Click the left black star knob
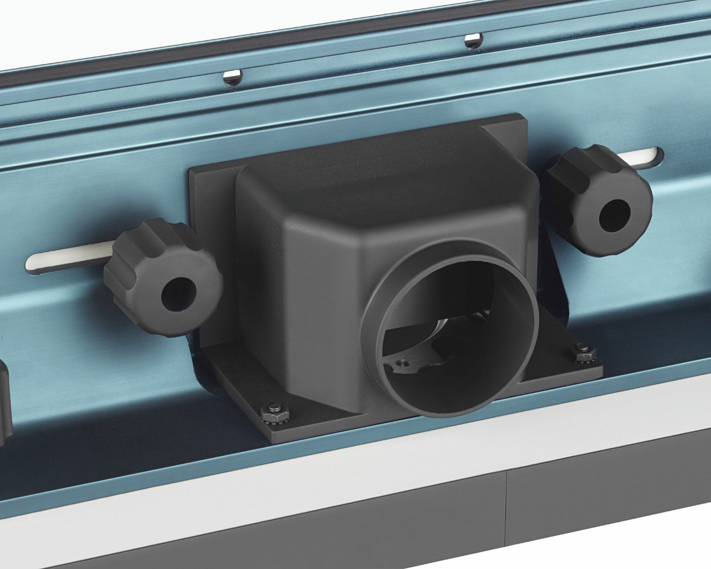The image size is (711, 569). [x=164, y=277]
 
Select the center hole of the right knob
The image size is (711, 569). [x=614, y=215]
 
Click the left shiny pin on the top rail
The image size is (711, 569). [x=232, y=76]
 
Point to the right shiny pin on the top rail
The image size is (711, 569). [x=472, y=40]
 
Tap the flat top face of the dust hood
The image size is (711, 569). [x=379, y=175]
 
